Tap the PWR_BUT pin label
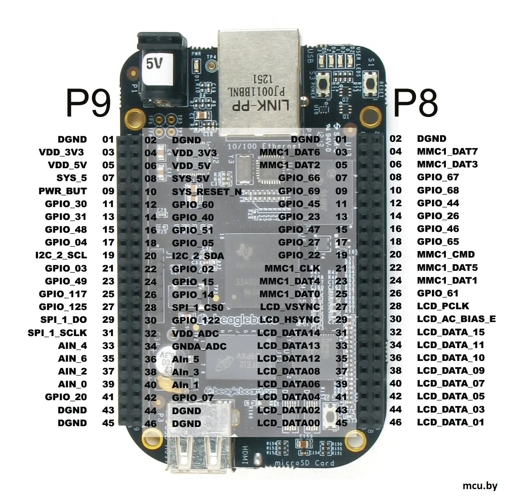63,191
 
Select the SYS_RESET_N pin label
207,192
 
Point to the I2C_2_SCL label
61,255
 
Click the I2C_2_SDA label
198,256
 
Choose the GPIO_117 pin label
63,294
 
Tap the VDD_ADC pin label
195,334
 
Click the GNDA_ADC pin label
199,347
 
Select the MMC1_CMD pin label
446,255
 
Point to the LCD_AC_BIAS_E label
456,319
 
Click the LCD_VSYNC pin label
290,307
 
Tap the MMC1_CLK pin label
292,268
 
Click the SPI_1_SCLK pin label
57,333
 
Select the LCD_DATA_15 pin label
451,332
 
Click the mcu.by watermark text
480,486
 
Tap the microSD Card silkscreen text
304,463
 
